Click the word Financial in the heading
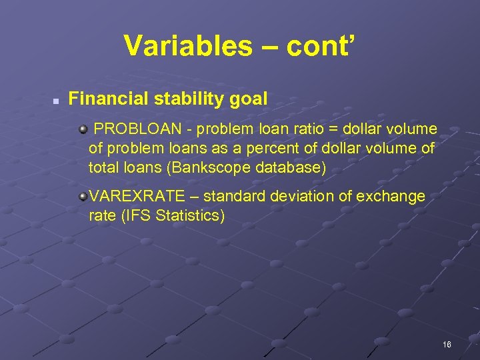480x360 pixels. pyautogui.click(x=108, y=99)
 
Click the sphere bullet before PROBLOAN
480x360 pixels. pyautogui.click(x=83, y=128)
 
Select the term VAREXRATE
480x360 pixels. pyautogui.click(x=142, y=197)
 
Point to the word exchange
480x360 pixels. pyautogui.click(x=397, y=197)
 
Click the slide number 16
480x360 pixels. pyautogui.click(x=447, y=345)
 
